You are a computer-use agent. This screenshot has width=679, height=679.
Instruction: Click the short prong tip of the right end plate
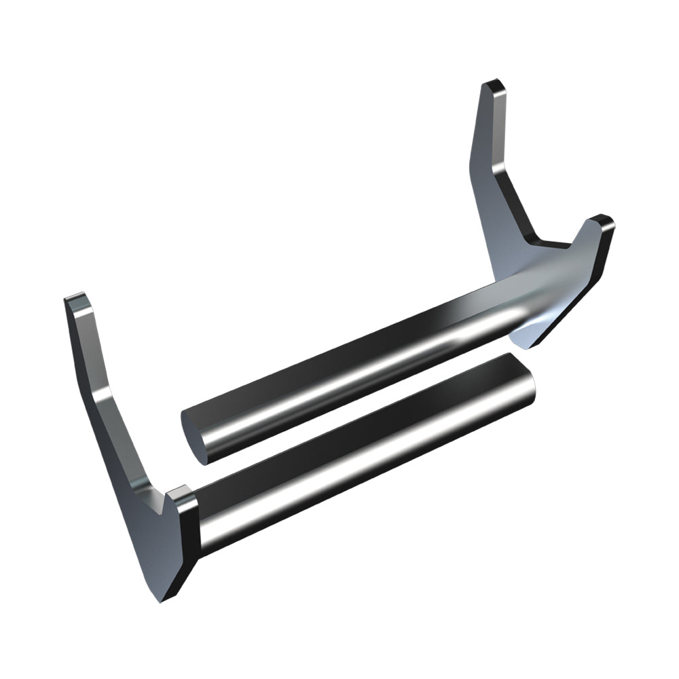click(600, 222)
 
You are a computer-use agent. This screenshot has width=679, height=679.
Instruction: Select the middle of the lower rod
click(367, 448)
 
